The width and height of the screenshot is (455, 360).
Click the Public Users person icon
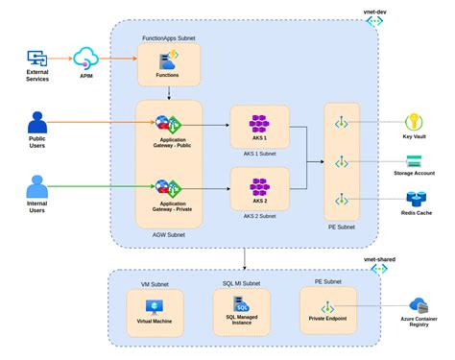tap(38, 124)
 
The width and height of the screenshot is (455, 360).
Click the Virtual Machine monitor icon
tap(155, 307)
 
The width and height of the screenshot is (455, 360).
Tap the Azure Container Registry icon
tap(418, 306)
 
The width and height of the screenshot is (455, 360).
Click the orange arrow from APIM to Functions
tap(125, 58)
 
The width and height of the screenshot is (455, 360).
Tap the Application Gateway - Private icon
tap(169, 186)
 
